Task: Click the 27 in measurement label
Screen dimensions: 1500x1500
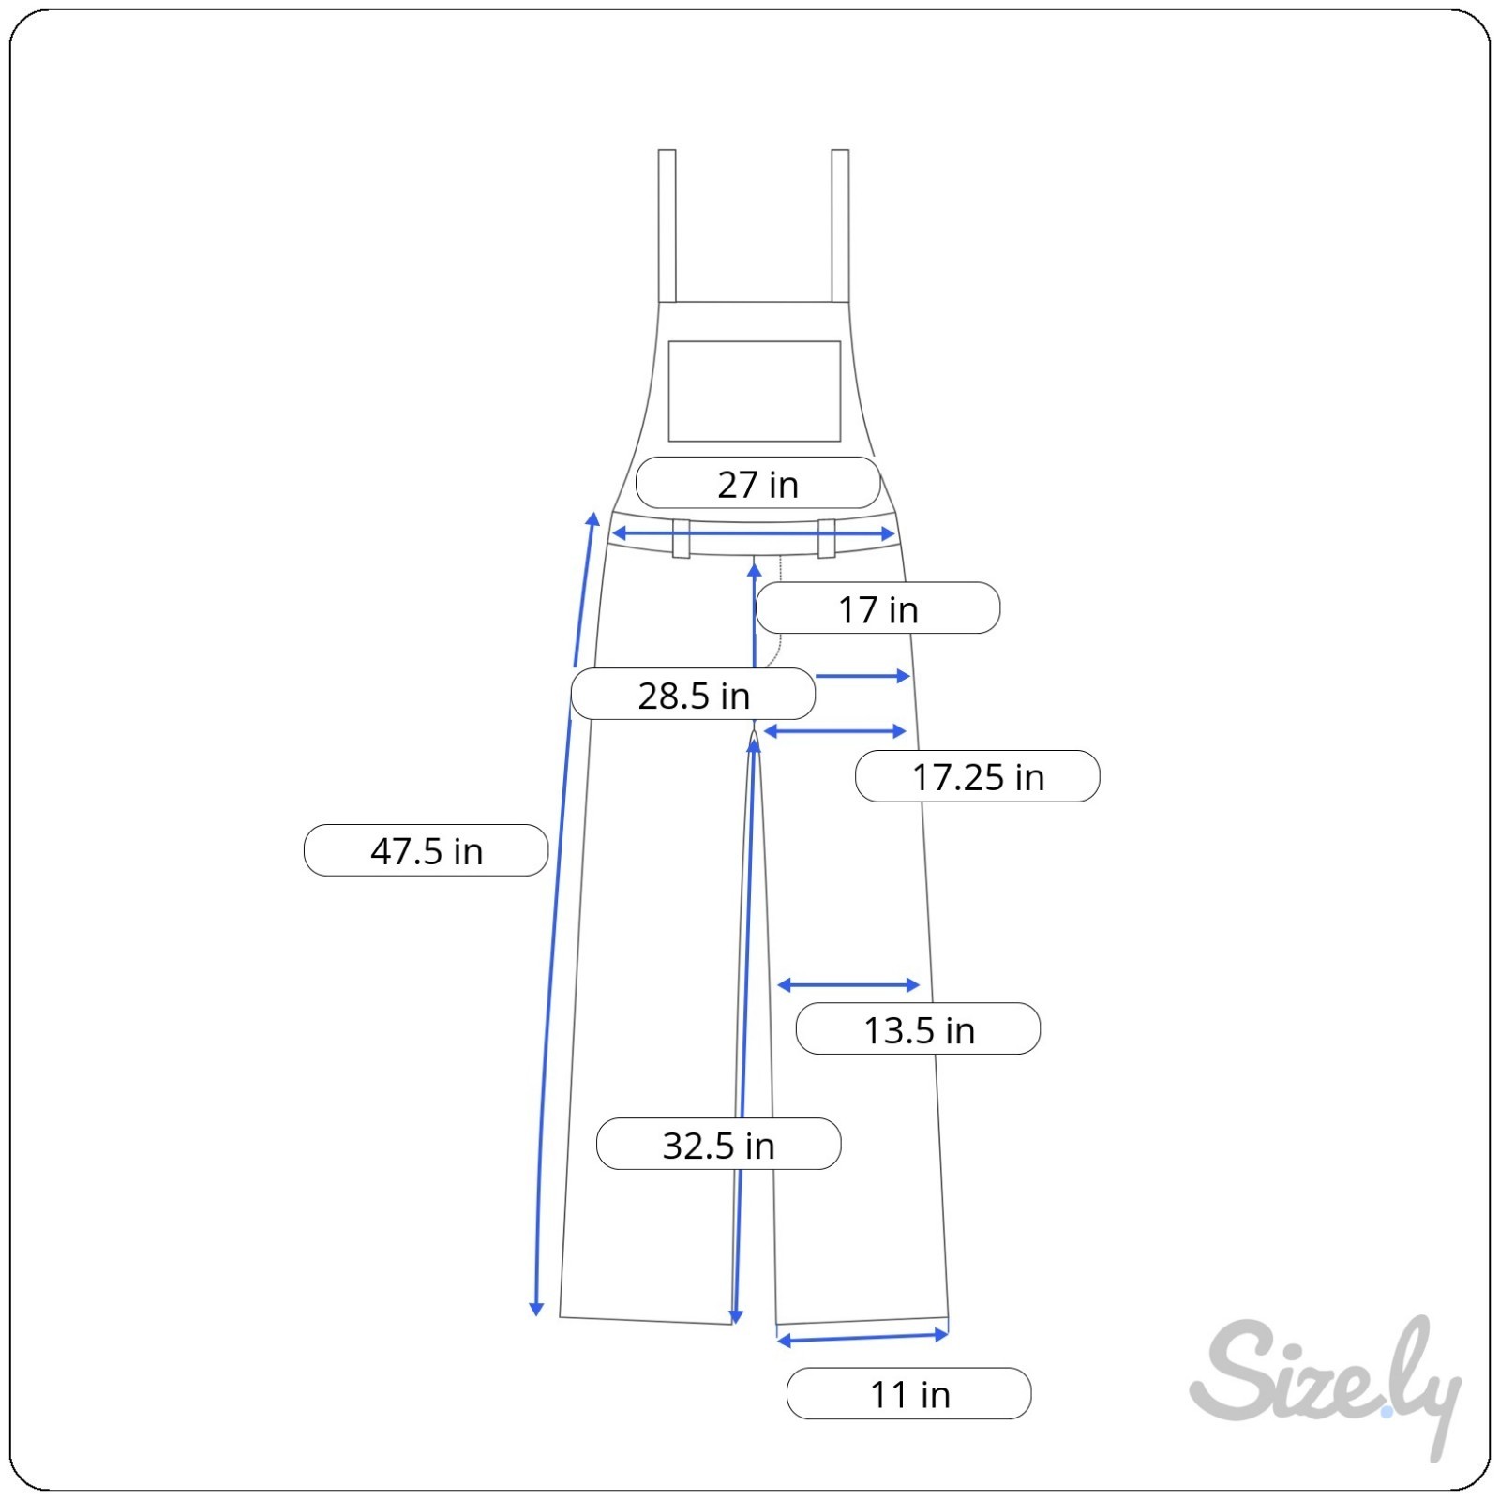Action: click(757, 484)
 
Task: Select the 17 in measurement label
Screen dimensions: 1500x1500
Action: click(877, 608)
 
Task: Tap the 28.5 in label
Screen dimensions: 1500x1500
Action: click(694, 695)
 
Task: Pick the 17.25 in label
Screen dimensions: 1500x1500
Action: click(978, 776)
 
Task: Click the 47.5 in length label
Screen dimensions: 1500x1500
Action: click(427, 850)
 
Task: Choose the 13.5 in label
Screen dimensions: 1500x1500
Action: click(919, 1029)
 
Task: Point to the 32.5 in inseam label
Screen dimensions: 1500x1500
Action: click(719, 1144)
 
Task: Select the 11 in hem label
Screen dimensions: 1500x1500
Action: click(909, 1394)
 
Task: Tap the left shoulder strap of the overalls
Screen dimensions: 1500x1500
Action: click(667, 226)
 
